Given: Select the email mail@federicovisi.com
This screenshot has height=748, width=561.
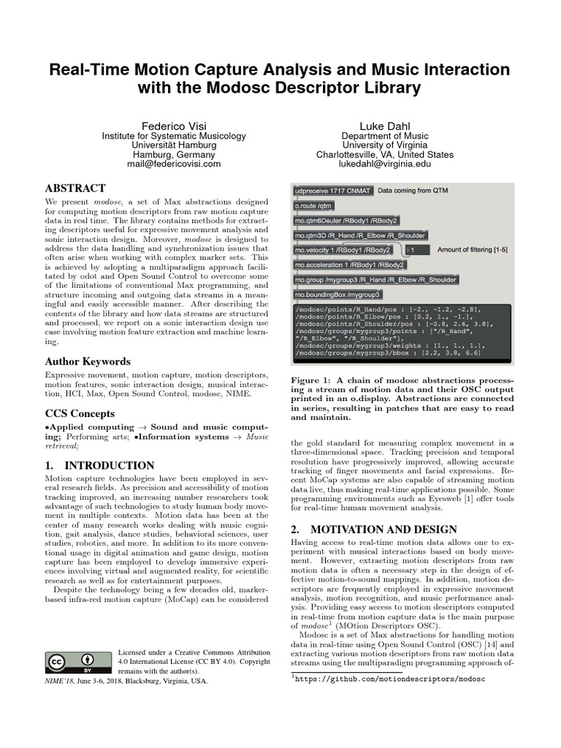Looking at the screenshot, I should [x=164, y=164].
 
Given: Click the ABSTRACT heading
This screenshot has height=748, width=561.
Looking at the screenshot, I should [x=75, y=188].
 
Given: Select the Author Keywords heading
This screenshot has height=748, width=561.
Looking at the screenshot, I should [x=88, y=361].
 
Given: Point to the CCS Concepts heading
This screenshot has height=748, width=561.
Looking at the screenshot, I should [x=82, y=413].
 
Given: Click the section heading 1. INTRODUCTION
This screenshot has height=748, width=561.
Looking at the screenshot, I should [x=99, y=465].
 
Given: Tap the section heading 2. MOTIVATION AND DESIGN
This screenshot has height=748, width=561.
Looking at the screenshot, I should [x=375, y=529].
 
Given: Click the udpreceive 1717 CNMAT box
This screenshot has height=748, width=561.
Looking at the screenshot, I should [x=332, y=191].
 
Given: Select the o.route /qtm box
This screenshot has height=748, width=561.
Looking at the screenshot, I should [x=313, y=206].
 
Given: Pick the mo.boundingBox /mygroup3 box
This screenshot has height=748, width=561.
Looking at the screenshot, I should [x=337, y=294].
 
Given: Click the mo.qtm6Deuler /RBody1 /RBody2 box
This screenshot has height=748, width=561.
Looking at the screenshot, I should [x=346, y=221].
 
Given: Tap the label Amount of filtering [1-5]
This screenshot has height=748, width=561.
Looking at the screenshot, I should [x=472, y=250].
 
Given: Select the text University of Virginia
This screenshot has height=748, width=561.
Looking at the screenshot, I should [x=384, y=145].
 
